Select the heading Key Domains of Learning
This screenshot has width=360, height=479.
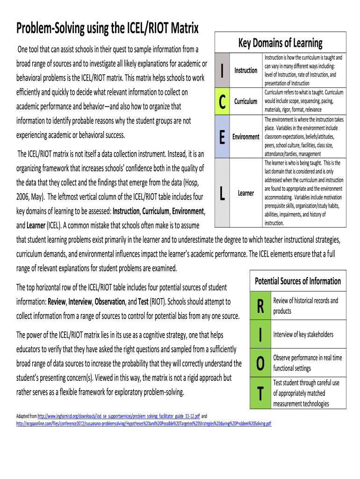[280, 44]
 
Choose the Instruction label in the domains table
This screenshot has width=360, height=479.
[245, 70]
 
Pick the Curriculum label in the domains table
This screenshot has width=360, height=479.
[245, 101]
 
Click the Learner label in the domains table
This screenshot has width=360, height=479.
[245, 193]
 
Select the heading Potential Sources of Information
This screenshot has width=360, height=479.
[297, 281]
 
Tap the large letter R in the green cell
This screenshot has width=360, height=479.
[260, 306]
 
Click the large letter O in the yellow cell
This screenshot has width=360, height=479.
[260, 363]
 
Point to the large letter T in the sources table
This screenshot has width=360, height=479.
[260, 393]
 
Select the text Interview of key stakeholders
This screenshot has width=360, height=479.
[303, 334]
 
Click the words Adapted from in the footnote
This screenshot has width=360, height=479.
[26, 415]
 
